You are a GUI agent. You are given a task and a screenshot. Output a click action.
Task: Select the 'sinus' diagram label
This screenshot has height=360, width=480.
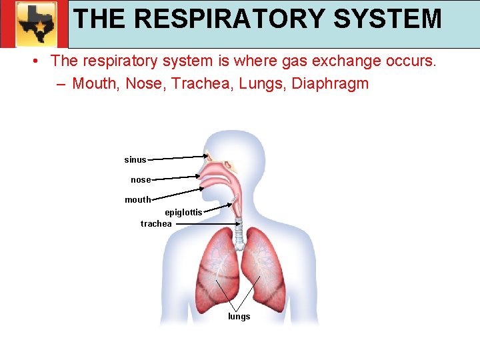135,160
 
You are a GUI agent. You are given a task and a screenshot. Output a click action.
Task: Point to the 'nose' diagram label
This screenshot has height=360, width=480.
141,180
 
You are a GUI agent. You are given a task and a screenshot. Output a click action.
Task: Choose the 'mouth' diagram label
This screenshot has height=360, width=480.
138,200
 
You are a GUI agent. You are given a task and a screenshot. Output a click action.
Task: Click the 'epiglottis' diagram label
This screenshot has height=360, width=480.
183,213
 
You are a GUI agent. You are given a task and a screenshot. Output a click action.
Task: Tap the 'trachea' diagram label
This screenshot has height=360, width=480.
156,224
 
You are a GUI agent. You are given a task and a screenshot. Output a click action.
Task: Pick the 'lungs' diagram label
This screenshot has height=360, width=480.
239,317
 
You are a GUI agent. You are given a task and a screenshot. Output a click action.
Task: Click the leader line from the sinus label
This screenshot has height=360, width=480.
177,158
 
